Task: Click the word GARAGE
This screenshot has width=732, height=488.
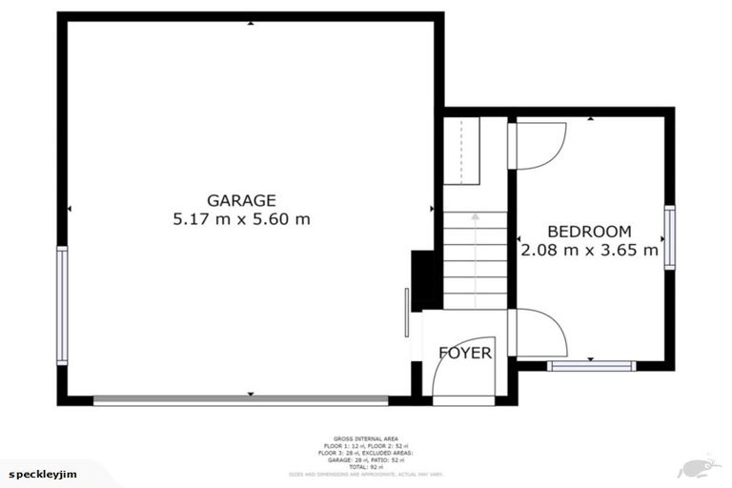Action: tap(241, 200)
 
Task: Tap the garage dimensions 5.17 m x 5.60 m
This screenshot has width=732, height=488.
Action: tap(241, 219)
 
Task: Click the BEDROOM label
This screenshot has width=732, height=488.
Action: tap(589, 232)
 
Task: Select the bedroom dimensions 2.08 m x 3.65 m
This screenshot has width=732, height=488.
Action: tap(590, 251)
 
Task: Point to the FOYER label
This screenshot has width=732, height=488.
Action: tap(465, 354)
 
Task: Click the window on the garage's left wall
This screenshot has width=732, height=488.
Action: tap(62, 305)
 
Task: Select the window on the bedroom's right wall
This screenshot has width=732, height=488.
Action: tap(669, 237)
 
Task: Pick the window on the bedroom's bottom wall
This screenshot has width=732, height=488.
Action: tap(591, 365)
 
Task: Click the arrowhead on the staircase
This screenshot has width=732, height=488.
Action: tap(475, 219)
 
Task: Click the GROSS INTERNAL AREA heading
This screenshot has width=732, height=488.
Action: tap(365, 439)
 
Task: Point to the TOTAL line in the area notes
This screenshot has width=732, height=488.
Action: tap(365, 467)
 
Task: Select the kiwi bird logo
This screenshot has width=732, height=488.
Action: tap(697, 468)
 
